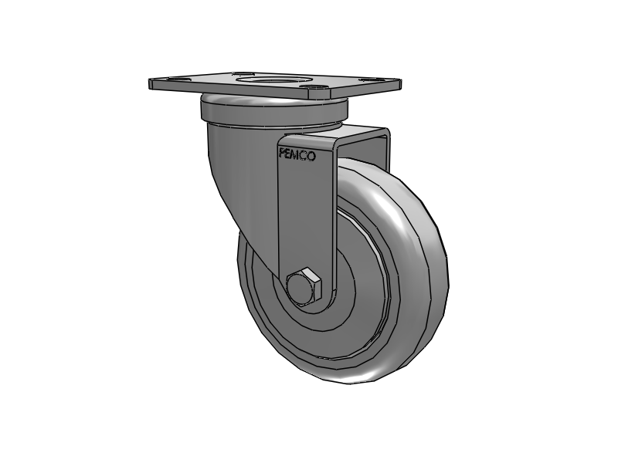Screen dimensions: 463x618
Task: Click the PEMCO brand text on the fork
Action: pos(297,155)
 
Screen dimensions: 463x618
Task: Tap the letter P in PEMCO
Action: pos(282,155)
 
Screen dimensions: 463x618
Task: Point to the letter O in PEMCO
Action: pos(311,155)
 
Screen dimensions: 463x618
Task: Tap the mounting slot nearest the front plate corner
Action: pos(317,93)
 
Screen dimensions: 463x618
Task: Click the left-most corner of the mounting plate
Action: pos(152,83)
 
